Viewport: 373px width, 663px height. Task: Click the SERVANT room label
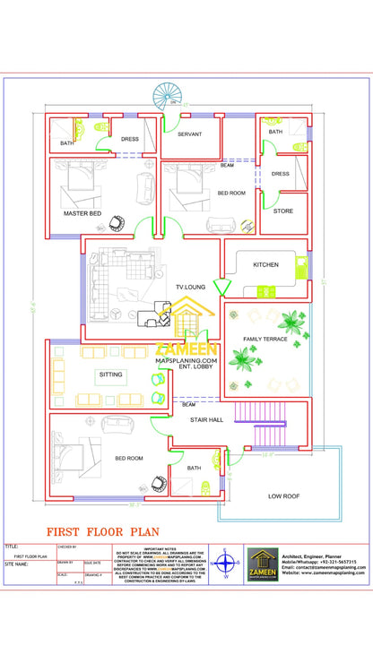(189, 134)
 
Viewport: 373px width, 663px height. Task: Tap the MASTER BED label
(82, 214)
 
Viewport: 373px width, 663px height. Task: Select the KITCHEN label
(265, 265)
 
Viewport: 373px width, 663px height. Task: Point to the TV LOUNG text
(189, 287)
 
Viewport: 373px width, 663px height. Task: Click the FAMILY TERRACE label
(266, 340)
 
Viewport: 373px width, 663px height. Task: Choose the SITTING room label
(111, 375)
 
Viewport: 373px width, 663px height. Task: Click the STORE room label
(282, 211)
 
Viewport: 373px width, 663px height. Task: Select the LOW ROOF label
(283, 495)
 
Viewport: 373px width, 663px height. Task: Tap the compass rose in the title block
(227, 564)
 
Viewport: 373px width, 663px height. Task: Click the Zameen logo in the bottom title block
(262, 564)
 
